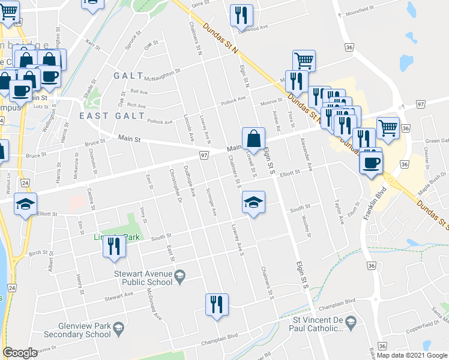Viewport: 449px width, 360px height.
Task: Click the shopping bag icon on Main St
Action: pos(253,138)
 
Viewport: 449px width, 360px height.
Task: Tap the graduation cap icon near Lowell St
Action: pos(253,202)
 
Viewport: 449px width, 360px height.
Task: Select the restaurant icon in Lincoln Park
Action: pos(114,245)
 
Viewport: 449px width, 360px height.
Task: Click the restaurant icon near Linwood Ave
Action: pos(241,15)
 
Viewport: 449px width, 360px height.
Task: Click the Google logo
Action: pos(20,352)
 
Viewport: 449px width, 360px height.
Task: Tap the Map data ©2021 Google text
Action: pos(411,355)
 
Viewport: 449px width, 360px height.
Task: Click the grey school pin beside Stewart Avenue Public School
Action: pos(179,277)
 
